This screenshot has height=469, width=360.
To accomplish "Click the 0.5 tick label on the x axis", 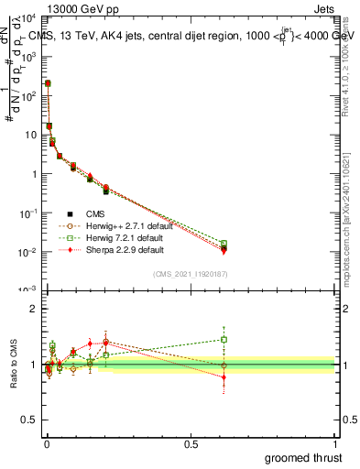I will coord(191,444).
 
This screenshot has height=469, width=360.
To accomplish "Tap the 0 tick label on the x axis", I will coord(47,444).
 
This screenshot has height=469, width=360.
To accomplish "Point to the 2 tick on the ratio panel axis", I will coord(33,309).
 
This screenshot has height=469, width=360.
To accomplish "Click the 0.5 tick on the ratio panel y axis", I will coord(28,421).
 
